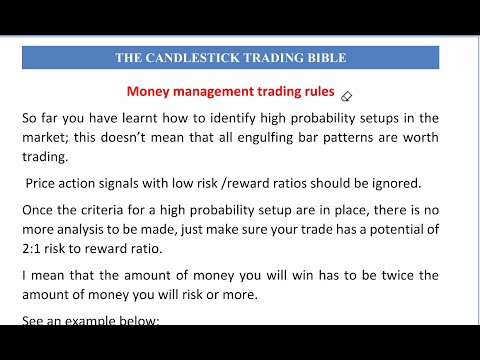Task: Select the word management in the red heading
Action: point(217,90)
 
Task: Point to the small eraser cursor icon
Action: point(346,97)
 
